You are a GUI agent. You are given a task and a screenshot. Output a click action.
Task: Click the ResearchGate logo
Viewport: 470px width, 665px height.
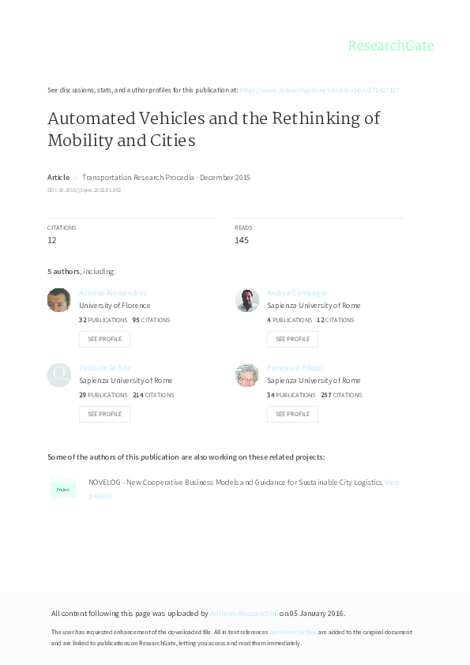pos(391,46)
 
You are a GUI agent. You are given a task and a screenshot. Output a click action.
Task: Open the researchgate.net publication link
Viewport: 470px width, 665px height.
pos(319,90)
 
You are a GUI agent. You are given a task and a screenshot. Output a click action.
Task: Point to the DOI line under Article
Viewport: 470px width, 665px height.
pos(84,190)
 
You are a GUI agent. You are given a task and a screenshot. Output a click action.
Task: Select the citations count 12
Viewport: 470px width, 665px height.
pos(51,240)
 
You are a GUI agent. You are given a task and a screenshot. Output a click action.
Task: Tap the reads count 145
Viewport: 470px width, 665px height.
pos(242,240)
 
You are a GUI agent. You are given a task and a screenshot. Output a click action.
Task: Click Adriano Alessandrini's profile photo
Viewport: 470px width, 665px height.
pos(59,300)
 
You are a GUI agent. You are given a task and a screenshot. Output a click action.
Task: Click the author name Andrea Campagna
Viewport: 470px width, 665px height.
pos(297,293)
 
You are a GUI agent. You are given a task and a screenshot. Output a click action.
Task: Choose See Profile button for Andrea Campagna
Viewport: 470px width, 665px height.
pos(292,339)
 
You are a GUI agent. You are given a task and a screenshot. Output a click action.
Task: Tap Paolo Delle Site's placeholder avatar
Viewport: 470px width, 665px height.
pos(59,375)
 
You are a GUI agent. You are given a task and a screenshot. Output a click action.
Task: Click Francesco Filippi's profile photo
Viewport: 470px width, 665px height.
pos(247,375)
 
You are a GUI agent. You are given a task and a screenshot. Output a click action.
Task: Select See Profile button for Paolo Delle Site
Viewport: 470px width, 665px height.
pos(104,414)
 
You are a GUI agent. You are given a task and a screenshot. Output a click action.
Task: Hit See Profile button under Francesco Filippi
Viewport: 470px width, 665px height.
pos(292,414)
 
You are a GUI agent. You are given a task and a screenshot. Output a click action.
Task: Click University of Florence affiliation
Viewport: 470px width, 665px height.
pos(115,306)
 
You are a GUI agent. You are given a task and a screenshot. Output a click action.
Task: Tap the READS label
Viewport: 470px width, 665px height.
pos(243,227)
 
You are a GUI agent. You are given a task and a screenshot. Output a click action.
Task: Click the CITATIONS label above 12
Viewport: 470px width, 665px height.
pos(62,227)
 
